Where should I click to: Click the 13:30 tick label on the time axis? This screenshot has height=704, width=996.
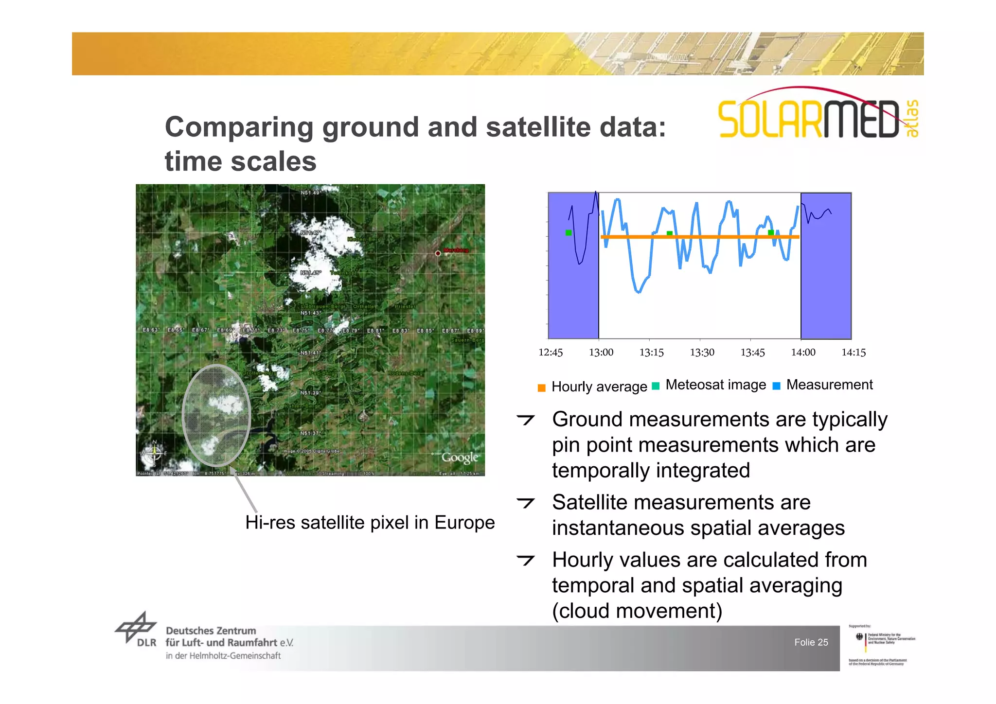click(702, 352)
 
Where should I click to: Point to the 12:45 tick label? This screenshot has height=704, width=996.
click(550, 352)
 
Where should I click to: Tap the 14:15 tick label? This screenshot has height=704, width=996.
click(854, 352)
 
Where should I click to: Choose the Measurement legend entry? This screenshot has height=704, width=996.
click(823, 385)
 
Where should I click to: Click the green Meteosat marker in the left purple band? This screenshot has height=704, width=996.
click(569, 233)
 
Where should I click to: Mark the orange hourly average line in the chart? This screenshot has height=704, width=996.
click(700, 237)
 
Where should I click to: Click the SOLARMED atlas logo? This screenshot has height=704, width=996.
click(817, 114)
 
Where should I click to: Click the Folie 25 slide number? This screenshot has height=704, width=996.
click(811, 642)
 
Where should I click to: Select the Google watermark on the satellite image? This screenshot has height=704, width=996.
click(459, 458)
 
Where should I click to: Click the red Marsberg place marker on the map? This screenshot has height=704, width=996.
click(438, 253)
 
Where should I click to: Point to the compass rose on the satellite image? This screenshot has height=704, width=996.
click(154, 452)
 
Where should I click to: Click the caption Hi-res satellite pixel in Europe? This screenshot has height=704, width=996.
click(370, 523)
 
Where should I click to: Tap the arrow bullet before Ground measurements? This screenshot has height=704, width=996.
click(526, 420)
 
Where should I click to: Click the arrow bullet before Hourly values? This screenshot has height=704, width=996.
click(526, 560)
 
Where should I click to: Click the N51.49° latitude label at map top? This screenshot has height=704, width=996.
click(310, 193)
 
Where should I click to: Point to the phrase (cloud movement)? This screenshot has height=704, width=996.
click(637, 611)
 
